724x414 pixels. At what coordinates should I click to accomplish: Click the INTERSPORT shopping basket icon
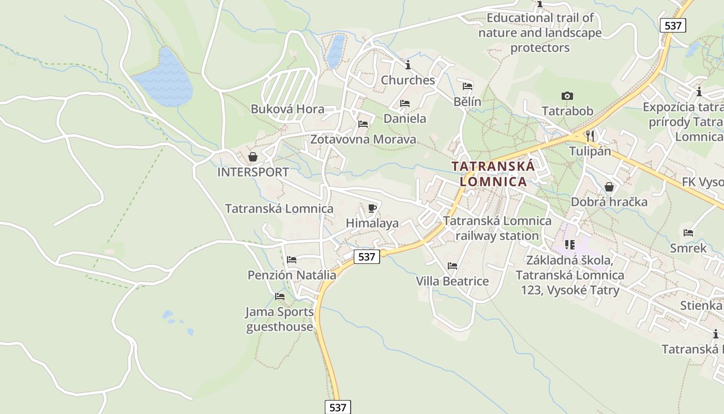[253, 157]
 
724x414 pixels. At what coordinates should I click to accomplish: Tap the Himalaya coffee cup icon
[372, 208]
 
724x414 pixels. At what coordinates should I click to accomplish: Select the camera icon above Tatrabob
[567, 96]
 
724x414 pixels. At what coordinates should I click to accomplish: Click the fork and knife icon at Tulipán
[590, 136]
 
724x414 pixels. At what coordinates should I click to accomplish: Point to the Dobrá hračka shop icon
[609, 186]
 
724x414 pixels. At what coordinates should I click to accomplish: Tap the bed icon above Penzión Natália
[292, 260]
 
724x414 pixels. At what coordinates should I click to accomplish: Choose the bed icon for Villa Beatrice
[452, 266]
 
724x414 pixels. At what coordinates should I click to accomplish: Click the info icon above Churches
[408, 65]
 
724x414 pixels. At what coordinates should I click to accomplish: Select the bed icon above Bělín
[467, 86]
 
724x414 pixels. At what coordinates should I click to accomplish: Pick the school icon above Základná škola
[570, 244]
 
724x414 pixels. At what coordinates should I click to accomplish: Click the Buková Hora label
[288, 109]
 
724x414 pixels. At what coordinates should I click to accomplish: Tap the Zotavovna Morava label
[363, 139]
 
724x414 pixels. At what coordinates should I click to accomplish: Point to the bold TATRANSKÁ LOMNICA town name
[493, 174]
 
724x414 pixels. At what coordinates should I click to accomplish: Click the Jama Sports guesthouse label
[280, 319]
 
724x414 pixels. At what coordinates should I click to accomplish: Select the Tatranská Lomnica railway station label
[497, 228]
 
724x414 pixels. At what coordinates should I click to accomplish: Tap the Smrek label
[688, 248]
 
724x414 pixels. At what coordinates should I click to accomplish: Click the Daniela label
[405, 119]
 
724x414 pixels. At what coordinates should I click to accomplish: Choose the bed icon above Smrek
[688, 233]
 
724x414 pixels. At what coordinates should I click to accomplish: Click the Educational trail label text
[540, 33]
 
